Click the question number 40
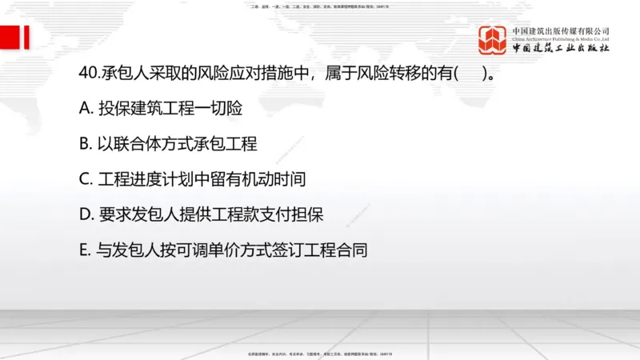[89, 74]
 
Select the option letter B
[86, 145]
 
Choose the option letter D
[86, 215]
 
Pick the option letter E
[85, 250]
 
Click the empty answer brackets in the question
[470, 74]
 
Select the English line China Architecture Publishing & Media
[561, 38]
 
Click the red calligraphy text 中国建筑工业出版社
[561, 48]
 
